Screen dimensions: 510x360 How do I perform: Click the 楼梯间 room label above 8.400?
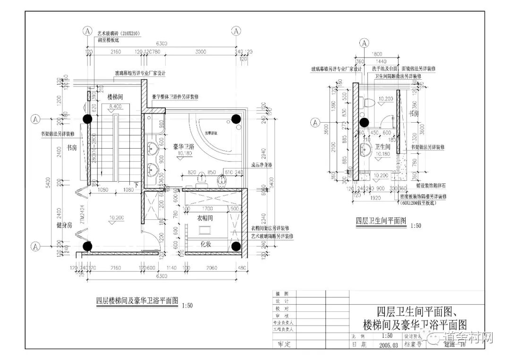(x=115, y=97)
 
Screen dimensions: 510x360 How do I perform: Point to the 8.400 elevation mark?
(x=115, y=107)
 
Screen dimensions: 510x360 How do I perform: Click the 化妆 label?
(x=206, y=244)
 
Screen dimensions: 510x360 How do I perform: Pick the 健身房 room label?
(x=65, y=226)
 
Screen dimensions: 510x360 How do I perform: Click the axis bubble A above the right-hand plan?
(x=365, y=43)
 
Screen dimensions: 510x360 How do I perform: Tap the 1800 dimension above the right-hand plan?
(x=376, y=54)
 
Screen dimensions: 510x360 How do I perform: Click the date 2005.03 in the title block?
(x=389, y=344)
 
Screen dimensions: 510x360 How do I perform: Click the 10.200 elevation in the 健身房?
(x=116, y=218)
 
